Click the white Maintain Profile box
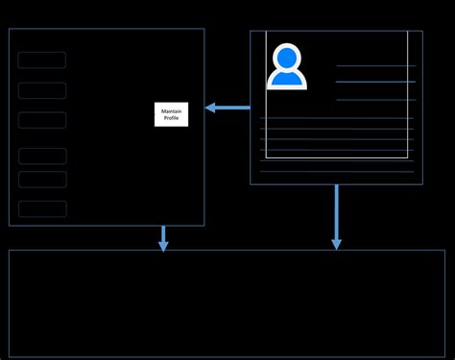click(172, 114)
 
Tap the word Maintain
click(172, 111)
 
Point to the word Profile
click(172, 118)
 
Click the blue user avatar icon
click(286, 66)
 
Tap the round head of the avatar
click(286, 58)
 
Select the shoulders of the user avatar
click(286, 79)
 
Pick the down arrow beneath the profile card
click(336, 218)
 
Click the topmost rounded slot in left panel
click(42, 60)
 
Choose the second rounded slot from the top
click(42, 91)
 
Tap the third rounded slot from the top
click(42, 120)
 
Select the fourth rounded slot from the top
click(42, 156)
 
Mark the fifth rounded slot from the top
click(42, 180)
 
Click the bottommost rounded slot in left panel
click(42, 209)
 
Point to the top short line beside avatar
click(376, 66)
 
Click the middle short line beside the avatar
click(376, 83)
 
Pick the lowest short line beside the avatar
click(376, 100)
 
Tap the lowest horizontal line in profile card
click(336, 172)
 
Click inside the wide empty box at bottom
click(227, 303)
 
